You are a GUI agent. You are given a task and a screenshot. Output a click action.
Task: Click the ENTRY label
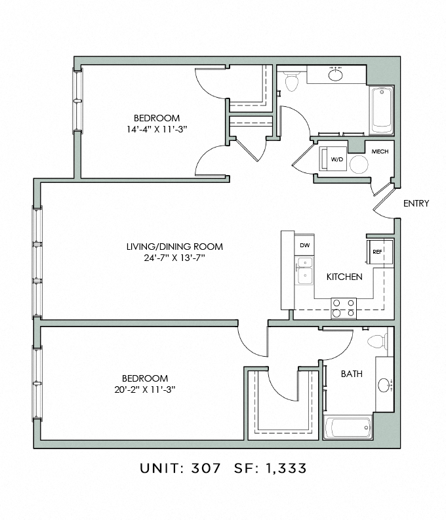click(x=416, y=203)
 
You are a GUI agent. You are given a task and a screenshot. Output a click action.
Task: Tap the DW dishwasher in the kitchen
click(x=304, y=245)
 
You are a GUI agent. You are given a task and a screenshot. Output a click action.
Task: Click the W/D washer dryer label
click(x=337, y=159)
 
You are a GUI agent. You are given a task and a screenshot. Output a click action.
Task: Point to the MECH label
click(x=380, y=151)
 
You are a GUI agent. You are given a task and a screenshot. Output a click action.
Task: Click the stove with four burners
click(x=344, y=308)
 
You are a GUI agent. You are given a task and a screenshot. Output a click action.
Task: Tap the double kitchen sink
click(x=304, y=270)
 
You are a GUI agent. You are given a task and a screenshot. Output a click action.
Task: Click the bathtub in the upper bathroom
click(x=382, y=110)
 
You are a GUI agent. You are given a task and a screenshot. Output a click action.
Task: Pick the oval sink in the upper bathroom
click(x=336, y=75)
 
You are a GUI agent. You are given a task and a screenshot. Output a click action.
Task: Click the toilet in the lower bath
click(x=378, y=341)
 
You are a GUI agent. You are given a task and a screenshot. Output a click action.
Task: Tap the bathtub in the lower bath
click(x=348, y=428)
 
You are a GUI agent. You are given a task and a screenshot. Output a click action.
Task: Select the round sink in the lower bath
click(x=384, y=385)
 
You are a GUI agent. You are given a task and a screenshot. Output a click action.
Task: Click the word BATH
click(x=352, y=374)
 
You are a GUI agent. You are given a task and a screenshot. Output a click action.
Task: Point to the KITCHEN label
click(x=344, y=277)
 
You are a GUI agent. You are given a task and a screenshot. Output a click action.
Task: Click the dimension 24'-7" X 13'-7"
click(x=174, y=258)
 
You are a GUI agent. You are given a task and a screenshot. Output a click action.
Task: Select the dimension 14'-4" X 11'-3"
click(x=157, y=129)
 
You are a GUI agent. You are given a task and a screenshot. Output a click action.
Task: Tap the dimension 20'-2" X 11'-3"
click(x=144, y=390)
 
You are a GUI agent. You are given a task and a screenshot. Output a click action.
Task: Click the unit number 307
click(x=205, y=468)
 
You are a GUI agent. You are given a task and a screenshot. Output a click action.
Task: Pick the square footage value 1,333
click(x=285, y=469)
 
